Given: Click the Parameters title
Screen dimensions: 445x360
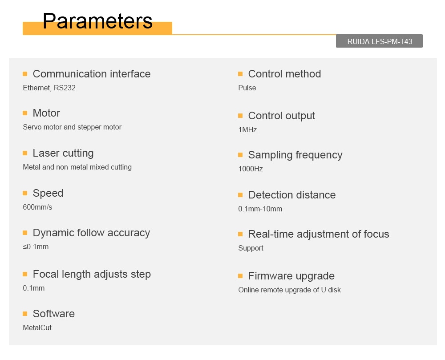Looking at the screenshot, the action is (x=97, y=21).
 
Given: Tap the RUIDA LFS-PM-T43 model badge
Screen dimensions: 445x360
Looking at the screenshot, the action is (x=379, y=41).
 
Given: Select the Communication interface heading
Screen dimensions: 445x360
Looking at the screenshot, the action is (x=92, y=74).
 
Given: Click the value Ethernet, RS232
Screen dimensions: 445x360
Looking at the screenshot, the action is (x=49, y=88).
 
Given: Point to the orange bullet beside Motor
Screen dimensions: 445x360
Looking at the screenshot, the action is (x=25, y=113).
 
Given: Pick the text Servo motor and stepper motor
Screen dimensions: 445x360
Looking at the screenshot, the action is (x=72, y=127).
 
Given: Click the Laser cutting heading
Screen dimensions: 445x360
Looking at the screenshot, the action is (x=63, y=153).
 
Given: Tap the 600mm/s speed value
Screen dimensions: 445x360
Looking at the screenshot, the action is (x=37, y=207).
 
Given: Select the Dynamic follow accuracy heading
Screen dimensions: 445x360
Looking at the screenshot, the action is (x=91, y=233).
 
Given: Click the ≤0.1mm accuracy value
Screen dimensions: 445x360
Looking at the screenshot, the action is (x=36, y=247).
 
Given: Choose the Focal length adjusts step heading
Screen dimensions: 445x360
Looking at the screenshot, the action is (x=92, y=274).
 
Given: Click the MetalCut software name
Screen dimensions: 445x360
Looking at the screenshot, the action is (x=37, y=328).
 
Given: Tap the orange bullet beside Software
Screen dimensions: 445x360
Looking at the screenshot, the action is (x=25, y=313).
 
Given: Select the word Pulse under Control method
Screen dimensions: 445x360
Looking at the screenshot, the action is (x=247, y=88).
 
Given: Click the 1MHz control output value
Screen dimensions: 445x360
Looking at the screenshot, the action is (x=247, y=129).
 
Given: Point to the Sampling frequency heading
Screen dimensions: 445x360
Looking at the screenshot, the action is (x=295, y=155).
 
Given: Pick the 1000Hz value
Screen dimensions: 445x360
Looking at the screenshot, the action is (x=251, y=169).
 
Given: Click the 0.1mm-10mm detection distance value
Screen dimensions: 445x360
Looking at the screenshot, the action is (x=260, y=209).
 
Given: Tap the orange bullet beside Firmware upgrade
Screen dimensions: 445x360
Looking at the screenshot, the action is (x=240, y=276).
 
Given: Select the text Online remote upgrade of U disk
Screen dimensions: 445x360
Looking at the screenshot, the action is (x=290, y=290).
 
